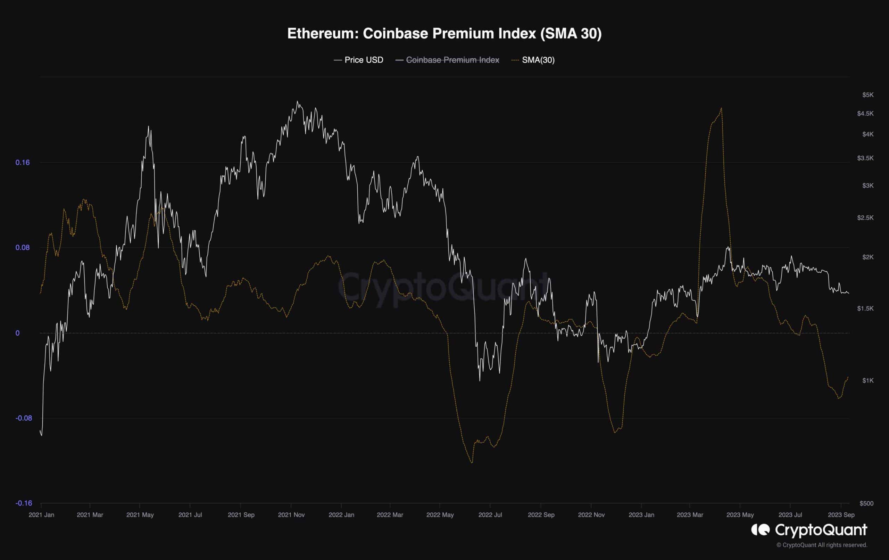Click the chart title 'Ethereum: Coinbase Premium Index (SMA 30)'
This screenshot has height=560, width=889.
click(444, 34)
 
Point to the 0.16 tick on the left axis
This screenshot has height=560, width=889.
click(23, 163)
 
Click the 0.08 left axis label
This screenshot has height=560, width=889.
click(23, 247)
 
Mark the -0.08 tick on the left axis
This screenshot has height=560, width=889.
click(24, 418)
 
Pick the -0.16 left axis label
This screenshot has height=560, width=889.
click(24, 503)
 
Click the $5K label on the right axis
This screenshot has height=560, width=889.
click(867, 95)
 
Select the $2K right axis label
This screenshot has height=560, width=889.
click(867, 257)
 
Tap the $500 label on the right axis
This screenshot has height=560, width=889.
click(866, 503)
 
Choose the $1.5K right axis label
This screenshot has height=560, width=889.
click(865, 308)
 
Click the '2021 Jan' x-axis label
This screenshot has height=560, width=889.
click(41, 515)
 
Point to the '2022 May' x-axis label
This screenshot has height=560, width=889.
click(440, 515)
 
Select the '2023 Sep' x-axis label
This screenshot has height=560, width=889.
click(841, 515)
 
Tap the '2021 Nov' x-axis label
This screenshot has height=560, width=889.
click(291, 515)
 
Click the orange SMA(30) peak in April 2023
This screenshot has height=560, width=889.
click(721, 108)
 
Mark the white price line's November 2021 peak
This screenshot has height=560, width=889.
click(297, 101)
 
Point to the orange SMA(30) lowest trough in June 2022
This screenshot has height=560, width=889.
click(472, 462)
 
